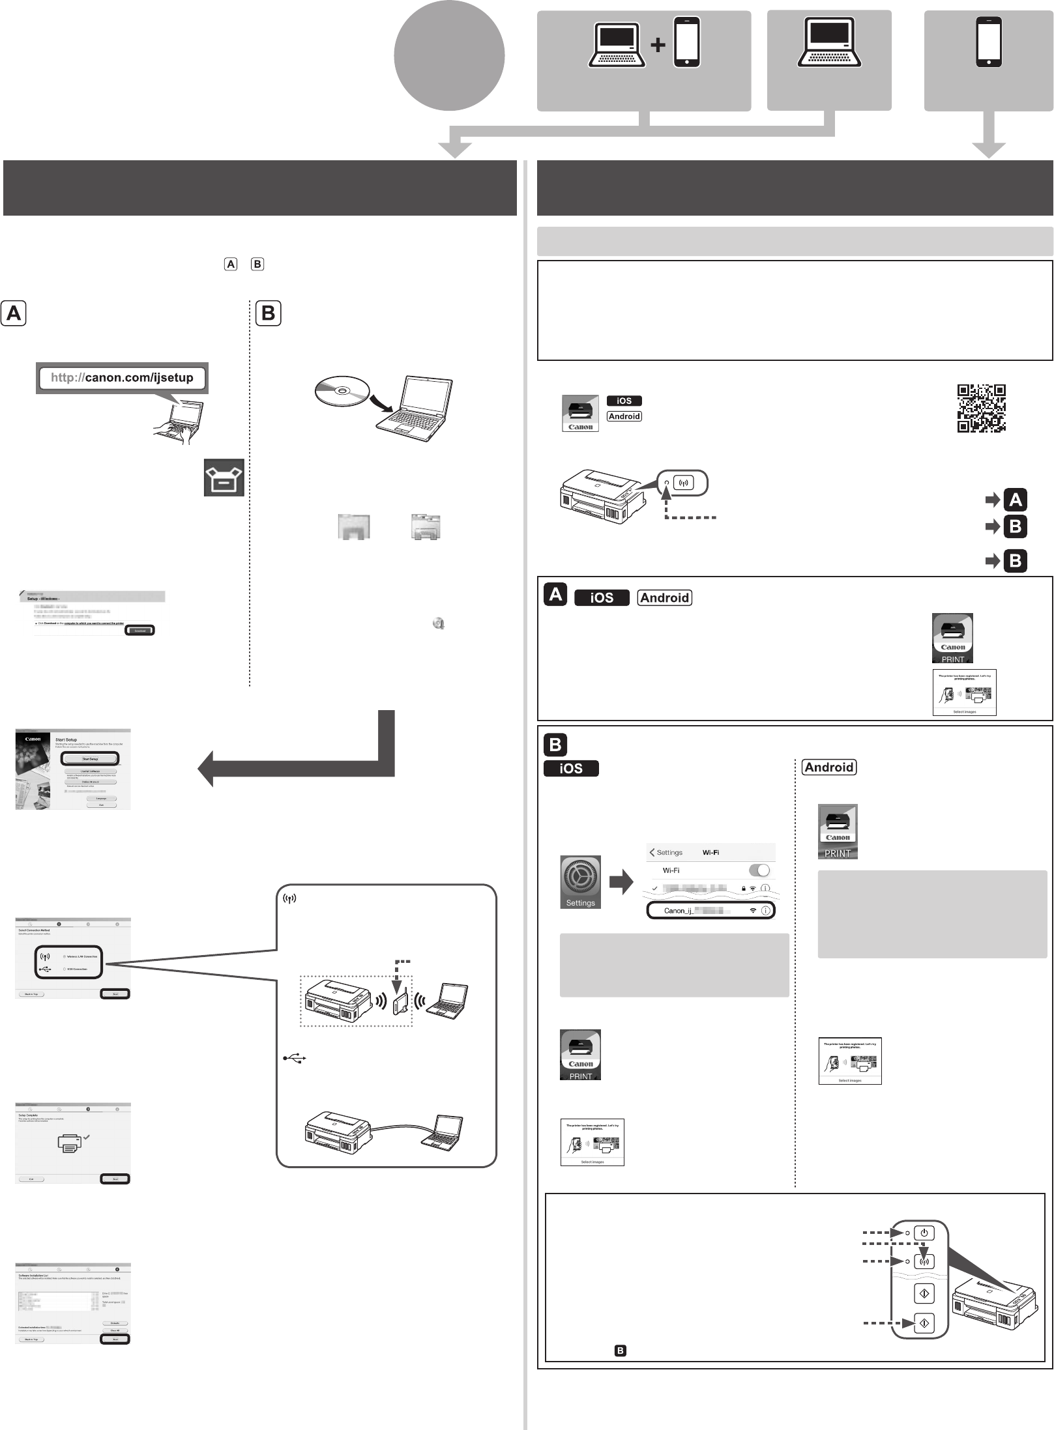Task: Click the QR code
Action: [981, 408]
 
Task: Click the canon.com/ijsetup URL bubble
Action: [123, 378]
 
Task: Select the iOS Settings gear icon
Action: [580, 881]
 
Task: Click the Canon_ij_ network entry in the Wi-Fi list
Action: [710, 910]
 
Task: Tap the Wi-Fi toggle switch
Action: [759, 870]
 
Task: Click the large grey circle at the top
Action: [449, 55]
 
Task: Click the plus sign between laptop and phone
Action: [659, 45]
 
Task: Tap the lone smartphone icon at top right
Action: [989, 42]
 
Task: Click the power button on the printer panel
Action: [924, 1233]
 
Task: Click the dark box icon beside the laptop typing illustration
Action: [224, 478]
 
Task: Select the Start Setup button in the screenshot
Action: [90, 759]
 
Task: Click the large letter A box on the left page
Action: [14, 313]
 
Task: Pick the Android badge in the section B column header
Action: [828, 767]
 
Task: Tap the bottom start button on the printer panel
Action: [924, 1323]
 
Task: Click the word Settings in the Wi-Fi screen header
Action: [669, 852]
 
